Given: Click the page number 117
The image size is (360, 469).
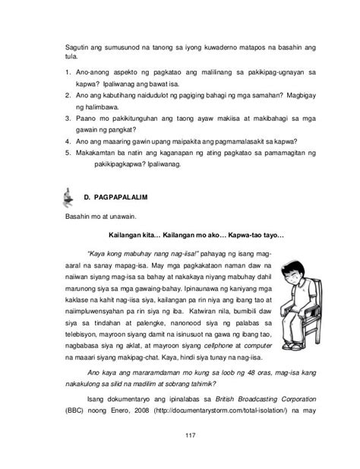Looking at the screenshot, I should click(x=180, y=435).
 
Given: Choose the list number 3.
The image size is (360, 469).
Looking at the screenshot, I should click(x=67, y=119).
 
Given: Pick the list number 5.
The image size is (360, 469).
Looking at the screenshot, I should click(x=67, y=152).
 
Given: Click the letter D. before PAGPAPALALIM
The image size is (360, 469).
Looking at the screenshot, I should click(x=87, y=196).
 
